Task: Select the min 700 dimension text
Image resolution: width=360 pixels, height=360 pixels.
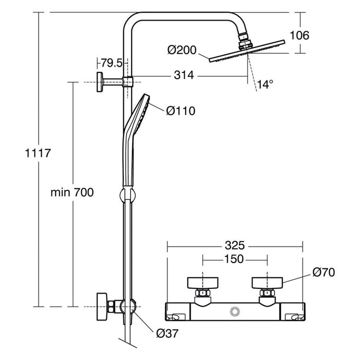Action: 72,192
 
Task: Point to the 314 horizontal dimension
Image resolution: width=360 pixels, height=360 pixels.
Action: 183,76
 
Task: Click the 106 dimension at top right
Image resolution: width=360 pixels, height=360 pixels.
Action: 299,35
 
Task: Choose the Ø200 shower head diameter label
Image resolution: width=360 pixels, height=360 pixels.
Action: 181,50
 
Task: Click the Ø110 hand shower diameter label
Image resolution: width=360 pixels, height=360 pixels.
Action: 181,111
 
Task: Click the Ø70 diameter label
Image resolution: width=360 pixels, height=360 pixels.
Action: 324,272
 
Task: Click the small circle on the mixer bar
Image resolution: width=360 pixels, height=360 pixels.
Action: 236,311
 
